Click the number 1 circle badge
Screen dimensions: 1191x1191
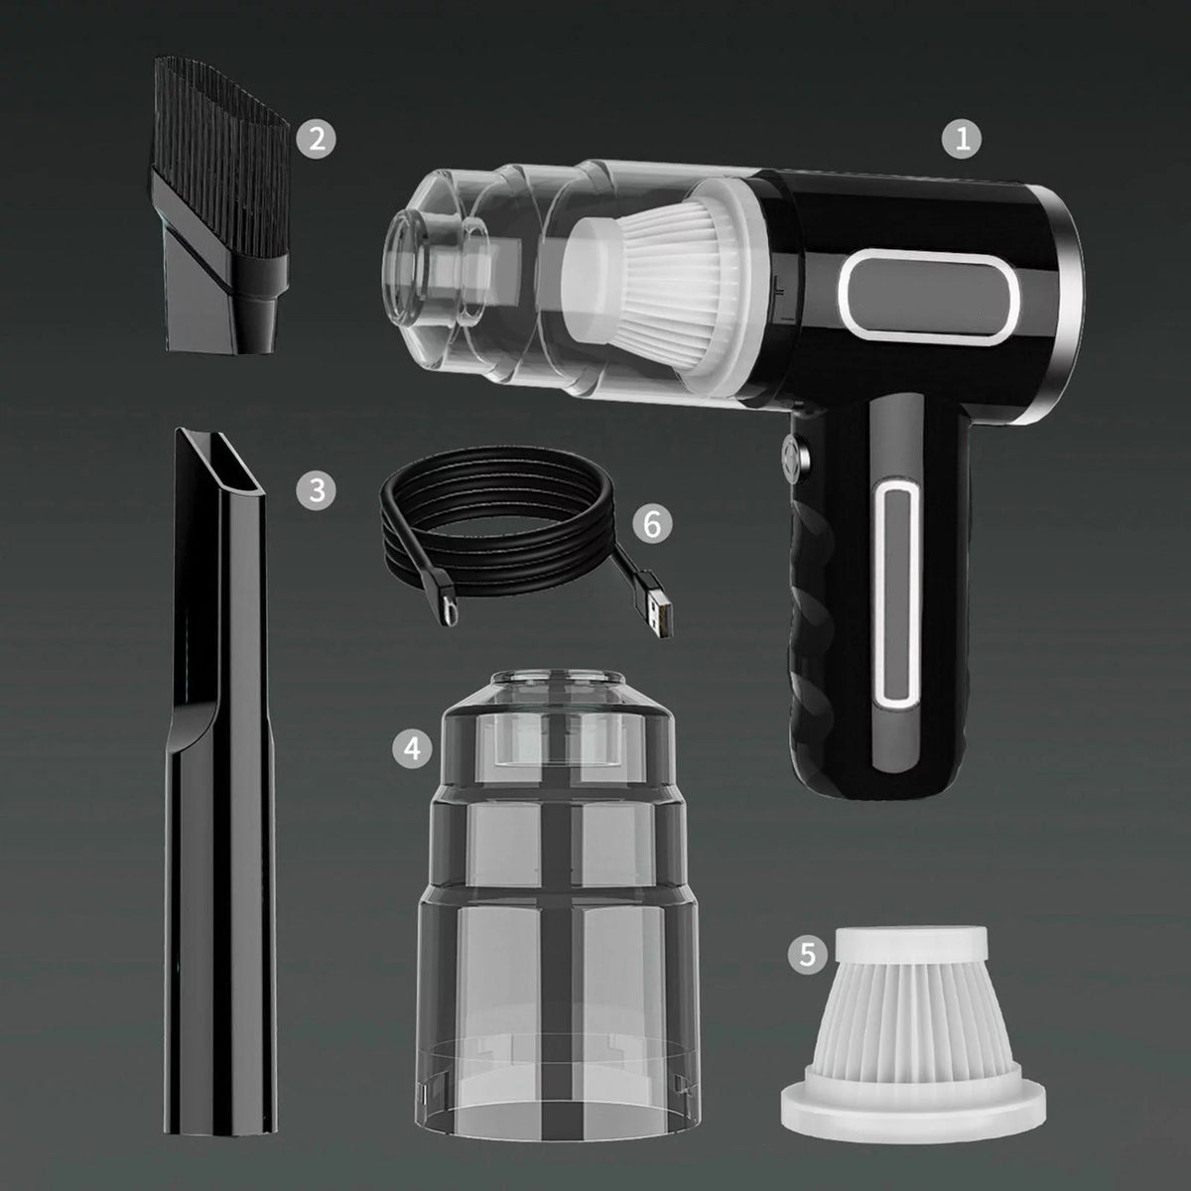click(x=961, y=139)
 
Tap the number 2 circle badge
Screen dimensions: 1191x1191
click(x=316, y=139)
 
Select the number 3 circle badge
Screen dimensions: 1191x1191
click(x=316, y=490)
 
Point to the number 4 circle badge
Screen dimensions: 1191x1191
click(x=412, y=748)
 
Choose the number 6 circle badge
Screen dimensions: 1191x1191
click(x=652, y=523)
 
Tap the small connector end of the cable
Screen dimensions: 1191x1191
click(x=447, y=609)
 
